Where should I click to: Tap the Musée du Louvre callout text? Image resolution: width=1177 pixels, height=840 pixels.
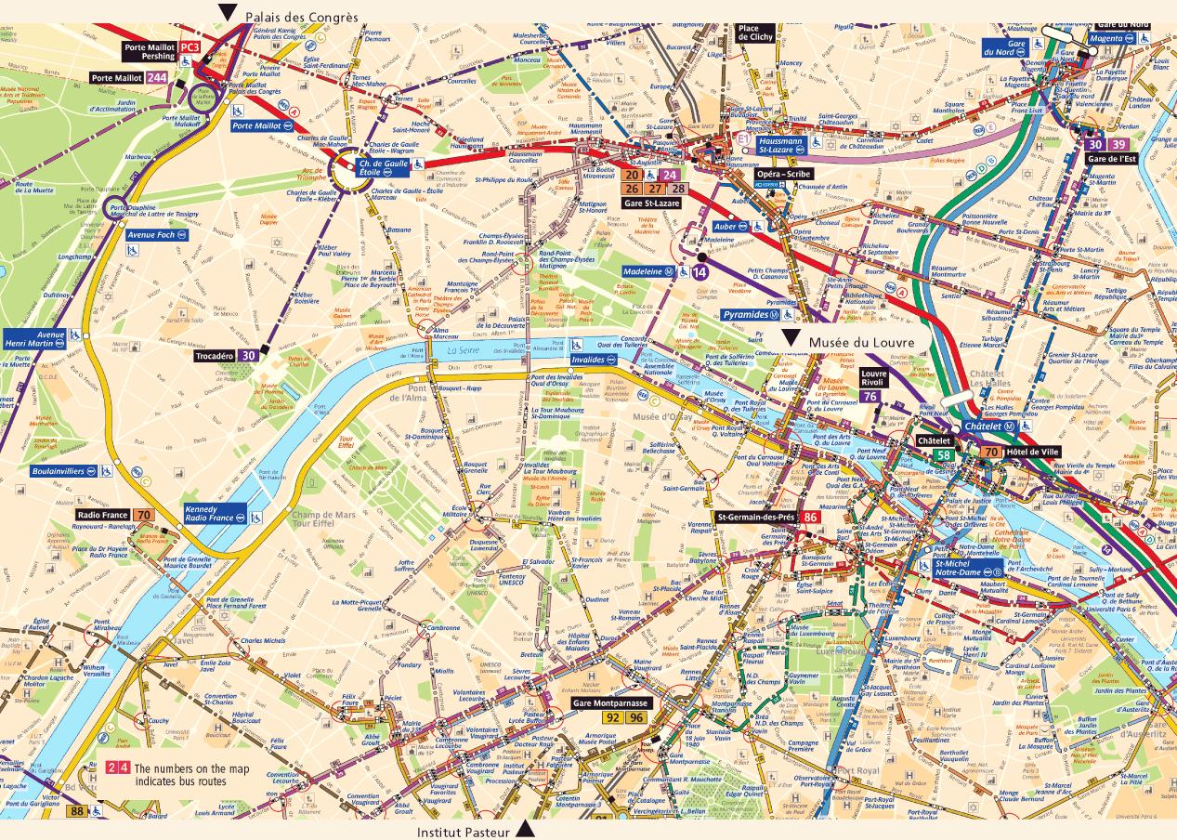pos(861,343)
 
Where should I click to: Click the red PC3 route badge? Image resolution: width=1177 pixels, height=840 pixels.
pos(190,46)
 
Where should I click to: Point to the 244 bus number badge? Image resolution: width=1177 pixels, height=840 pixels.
pos(157,78)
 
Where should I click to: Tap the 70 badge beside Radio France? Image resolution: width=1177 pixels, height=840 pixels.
pos(143,516)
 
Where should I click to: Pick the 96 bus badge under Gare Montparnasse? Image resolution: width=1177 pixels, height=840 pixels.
pos(636,717)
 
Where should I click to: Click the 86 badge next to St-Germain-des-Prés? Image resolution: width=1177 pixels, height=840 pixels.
pos(810,517)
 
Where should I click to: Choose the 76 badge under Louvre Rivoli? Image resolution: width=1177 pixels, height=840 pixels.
pos(870,397)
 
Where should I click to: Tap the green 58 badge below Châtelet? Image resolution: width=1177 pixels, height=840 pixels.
pos(943,454)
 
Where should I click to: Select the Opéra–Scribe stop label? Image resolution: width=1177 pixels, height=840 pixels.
pos(783,174)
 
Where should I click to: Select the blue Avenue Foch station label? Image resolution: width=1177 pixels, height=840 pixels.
pos(150,235)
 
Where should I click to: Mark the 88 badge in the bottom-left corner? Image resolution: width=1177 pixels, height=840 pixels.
pos(77,811)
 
